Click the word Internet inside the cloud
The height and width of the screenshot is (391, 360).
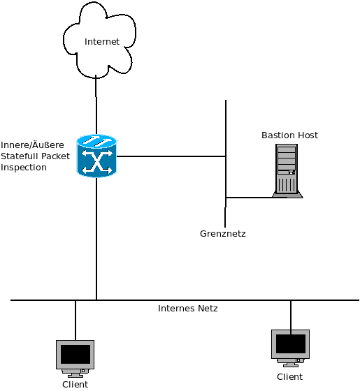102,42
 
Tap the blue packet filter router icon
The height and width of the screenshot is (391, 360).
96,156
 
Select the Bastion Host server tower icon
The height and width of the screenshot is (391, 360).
287,171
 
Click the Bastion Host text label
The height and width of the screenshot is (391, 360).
289,135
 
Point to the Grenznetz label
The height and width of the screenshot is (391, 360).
223,234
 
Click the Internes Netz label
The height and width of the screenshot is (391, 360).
188,309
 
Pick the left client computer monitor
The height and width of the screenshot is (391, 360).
75,358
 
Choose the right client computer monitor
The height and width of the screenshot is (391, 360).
290,348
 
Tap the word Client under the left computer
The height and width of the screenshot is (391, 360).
75,385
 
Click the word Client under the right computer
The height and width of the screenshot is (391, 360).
289,376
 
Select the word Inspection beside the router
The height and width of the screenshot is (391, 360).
24,168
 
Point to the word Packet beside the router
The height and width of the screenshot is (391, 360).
55,156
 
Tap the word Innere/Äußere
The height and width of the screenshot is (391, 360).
32,145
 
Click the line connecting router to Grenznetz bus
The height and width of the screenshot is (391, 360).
171,156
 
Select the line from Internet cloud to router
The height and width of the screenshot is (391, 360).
96,105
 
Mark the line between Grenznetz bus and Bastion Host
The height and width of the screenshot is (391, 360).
249,198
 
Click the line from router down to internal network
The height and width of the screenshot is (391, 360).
96,239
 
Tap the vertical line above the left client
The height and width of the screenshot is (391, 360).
75,320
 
